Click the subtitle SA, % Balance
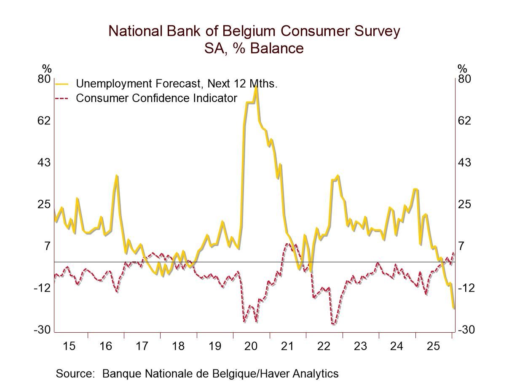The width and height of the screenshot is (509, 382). [x=254, y=48]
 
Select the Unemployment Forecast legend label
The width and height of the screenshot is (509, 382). [x=177, y=83]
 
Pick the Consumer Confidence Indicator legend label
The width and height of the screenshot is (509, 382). [x=156, y=98]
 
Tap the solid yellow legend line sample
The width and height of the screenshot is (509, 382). [x=62, y=84]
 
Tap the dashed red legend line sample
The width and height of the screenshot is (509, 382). [x=62, y=99]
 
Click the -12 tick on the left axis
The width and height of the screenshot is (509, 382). [x=42, y=288]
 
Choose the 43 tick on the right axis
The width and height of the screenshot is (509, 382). [x=465, y=162]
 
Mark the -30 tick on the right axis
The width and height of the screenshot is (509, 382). [x=466, y=330]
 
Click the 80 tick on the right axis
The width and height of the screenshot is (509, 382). [x=464, y=79]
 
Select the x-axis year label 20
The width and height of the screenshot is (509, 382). [x=251, y=346]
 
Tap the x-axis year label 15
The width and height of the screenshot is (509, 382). [x=69, y=346]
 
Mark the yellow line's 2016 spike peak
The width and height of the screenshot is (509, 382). [x=117, y=176]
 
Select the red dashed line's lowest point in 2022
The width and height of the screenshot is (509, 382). [x=333, y=324]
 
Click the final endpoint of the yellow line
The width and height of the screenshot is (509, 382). [x=454, y=309]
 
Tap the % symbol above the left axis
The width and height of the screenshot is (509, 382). [x=47, y=69]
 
